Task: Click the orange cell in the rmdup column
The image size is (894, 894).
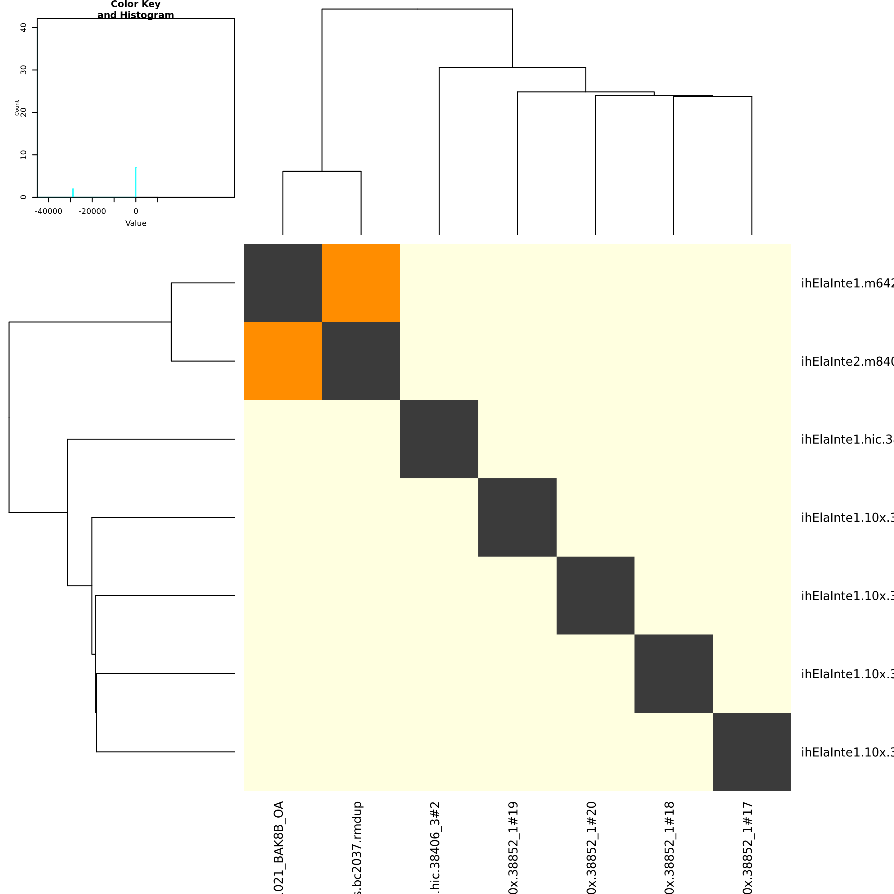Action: click(361, 283)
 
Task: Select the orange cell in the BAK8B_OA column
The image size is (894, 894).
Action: click(283, 361)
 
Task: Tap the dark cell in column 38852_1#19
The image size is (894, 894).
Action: click(517, 517)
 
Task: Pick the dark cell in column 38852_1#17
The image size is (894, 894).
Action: click(752, 752)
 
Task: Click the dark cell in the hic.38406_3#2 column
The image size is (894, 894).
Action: click(439, 439)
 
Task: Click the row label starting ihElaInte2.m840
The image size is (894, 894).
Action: click(847, 361)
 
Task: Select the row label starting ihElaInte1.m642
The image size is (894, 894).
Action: click(847, 283)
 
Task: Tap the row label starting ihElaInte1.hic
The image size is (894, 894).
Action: click(847, 440)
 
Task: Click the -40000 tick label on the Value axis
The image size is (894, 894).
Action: click(49, 211)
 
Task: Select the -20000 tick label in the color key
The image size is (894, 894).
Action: click(92, 211)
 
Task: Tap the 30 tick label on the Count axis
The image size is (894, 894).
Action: click(24, 70)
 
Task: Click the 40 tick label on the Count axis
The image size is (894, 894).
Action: click(24, 28)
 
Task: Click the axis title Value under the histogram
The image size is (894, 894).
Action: click(136, 223)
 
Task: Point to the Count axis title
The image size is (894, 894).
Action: click(17, 108)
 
